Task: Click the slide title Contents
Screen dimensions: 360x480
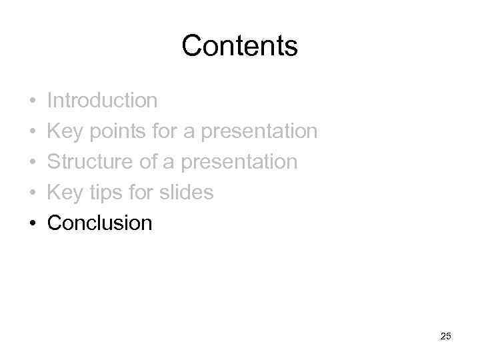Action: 239,46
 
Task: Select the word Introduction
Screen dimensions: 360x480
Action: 103,101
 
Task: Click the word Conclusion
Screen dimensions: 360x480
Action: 100,223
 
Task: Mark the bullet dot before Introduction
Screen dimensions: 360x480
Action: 33,101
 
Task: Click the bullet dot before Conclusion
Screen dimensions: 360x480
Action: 33,223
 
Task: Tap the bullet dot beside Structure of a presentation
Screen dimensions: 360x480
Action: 33,162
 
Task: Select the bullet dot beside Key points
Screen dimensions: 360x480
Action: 33,132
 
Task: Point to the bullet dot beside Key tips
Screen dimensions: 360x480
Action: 33,193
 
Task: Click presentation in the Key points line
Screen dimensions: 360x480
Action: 259,132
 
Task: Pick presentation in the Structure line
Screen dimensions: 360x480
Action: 239,162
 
